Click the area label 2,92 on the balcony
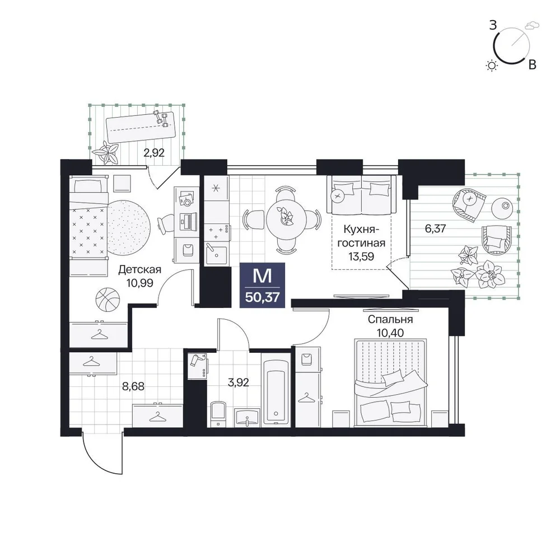pos(154,153)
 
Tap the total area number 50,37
pos(263,297)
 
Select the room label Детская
pos(139,269)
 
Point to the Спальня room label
pos(390,319)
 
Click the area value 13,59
pos(361,256)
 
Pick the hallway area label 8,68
pos(133,386)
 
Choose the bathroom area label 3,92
pos(238,382)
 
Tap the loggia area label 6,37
pos(435,228)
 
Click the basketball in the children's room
pos(108,299)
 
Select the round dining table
pos(286,217)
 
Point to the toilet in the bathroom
pos(218,414)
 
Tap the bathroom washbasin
pos(247,417)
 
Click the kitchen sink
pos(216,254)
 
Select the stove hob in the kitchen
pos(217,232)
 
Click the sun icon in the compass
pos(492,66)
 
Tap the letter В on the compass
pos(532,64)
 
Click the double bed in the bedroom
pos(391,382)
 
